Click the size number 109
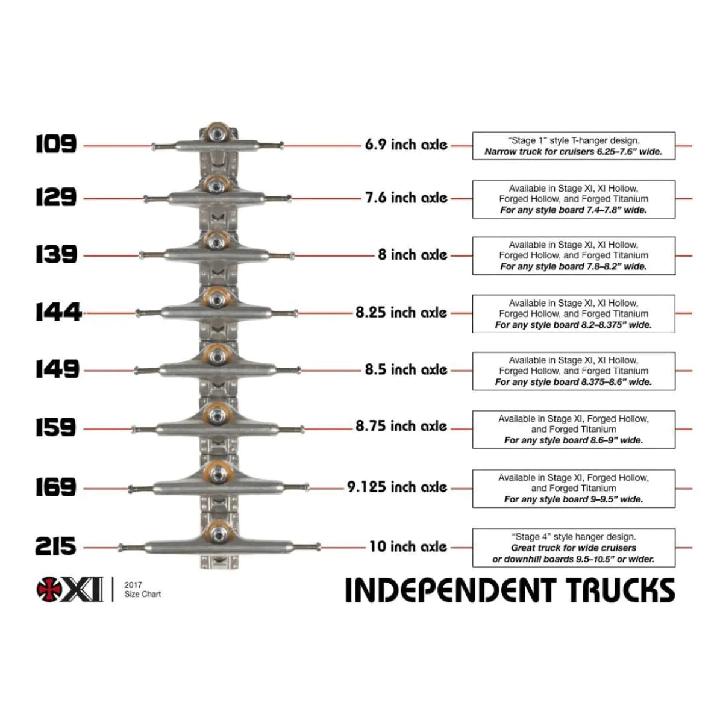[x=56, y=144]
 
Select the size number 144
[x=58, y=312]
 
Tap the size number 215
[x=55, y=546]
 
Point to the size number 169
[x=55, y=487]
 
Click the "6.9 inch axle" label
[x=405, y=145]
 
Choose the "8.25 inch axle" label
[x=401, y=312]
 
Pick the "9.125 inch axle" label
[x=396, y=487]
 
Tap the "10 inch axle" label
[x=408, y=546]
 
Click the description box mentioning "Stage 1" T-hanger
[x=573, y=146]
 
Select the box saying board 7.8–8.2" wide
[x=573, y=255]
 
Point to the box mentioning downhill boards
[x=573, y=548]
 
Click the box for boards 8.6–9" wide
[x=573, y=429]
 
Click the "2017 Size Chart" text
[x=142, y=589]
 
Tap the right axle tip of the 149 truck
[x=298, y=370]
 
